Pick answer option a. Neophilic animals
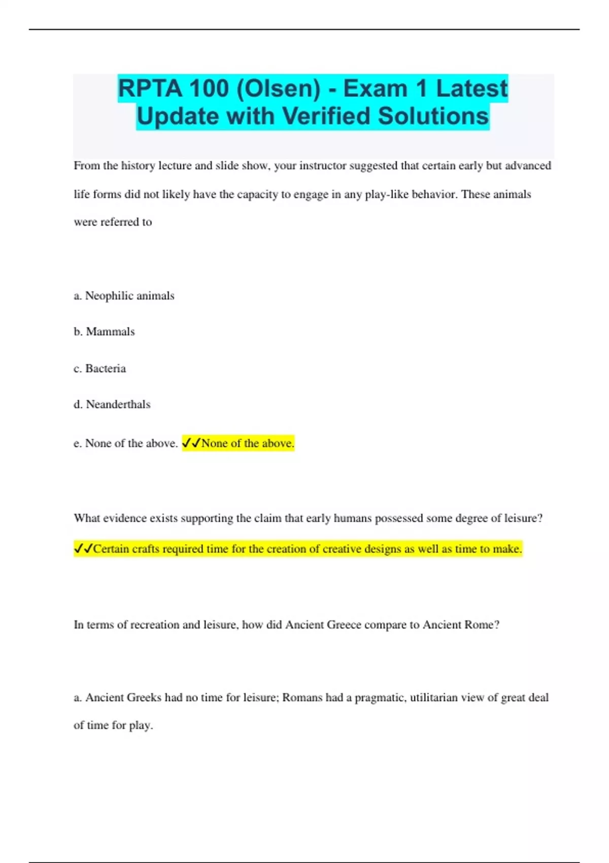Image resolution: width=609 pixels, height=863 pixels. pos(124,296)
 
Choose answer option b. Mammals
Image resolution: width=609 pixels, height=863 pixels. pos(104,332)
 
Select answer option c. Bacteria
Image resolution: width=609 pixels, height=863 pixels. pos(99,369)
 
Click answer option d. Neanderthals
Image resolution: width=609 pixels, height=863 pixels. pos(112,405)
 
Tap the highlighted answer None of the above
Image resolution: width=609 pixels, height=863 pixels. pos(248,444)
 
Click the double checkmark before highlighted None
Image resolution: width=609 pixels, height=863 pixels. pos(191,443)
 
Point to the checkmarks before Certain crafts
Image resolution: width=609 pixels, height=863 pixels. pos(83,549)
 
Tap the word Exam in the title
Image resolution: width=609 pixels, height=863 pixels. pos(376,88)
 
